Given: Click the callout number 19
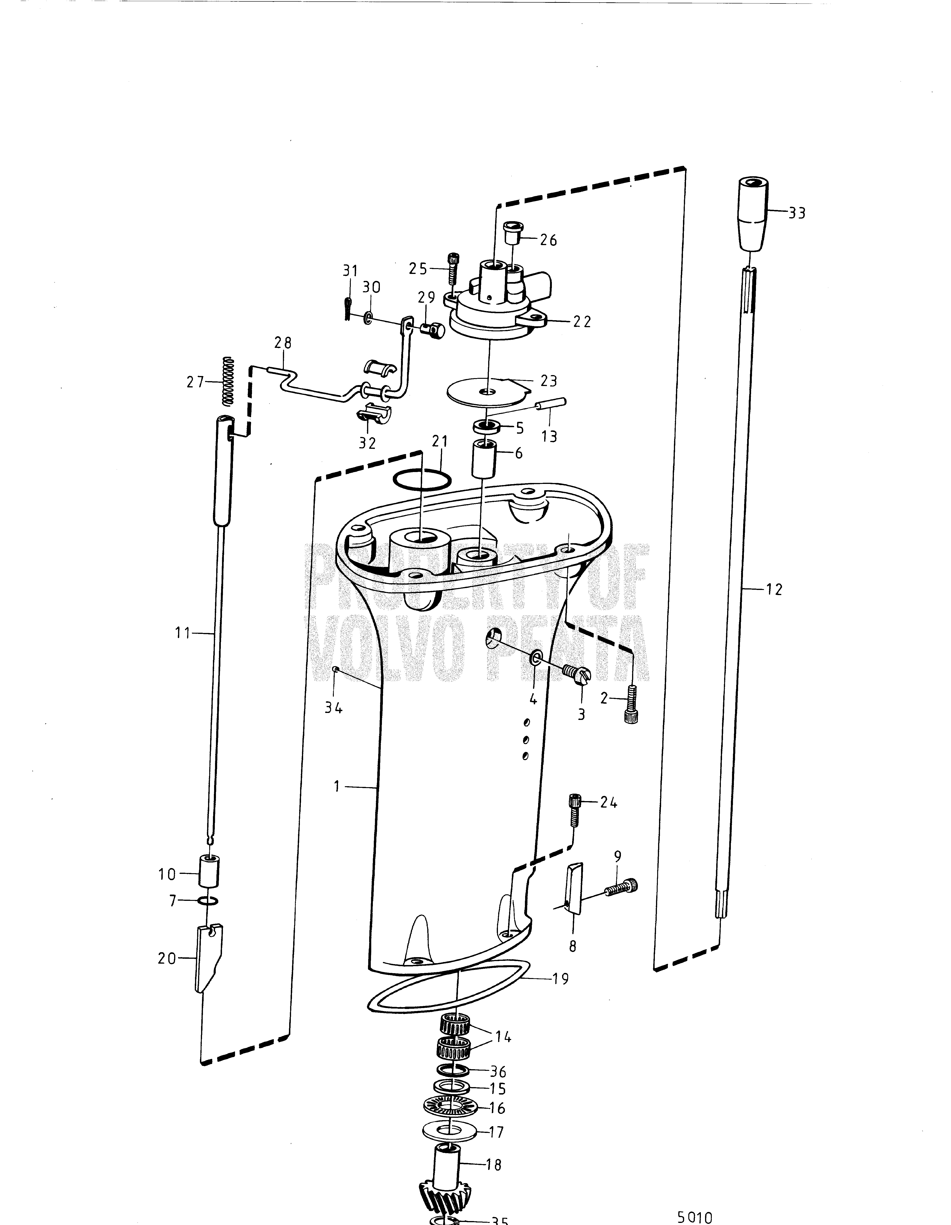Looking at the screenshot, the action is [x=560, y=979].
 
